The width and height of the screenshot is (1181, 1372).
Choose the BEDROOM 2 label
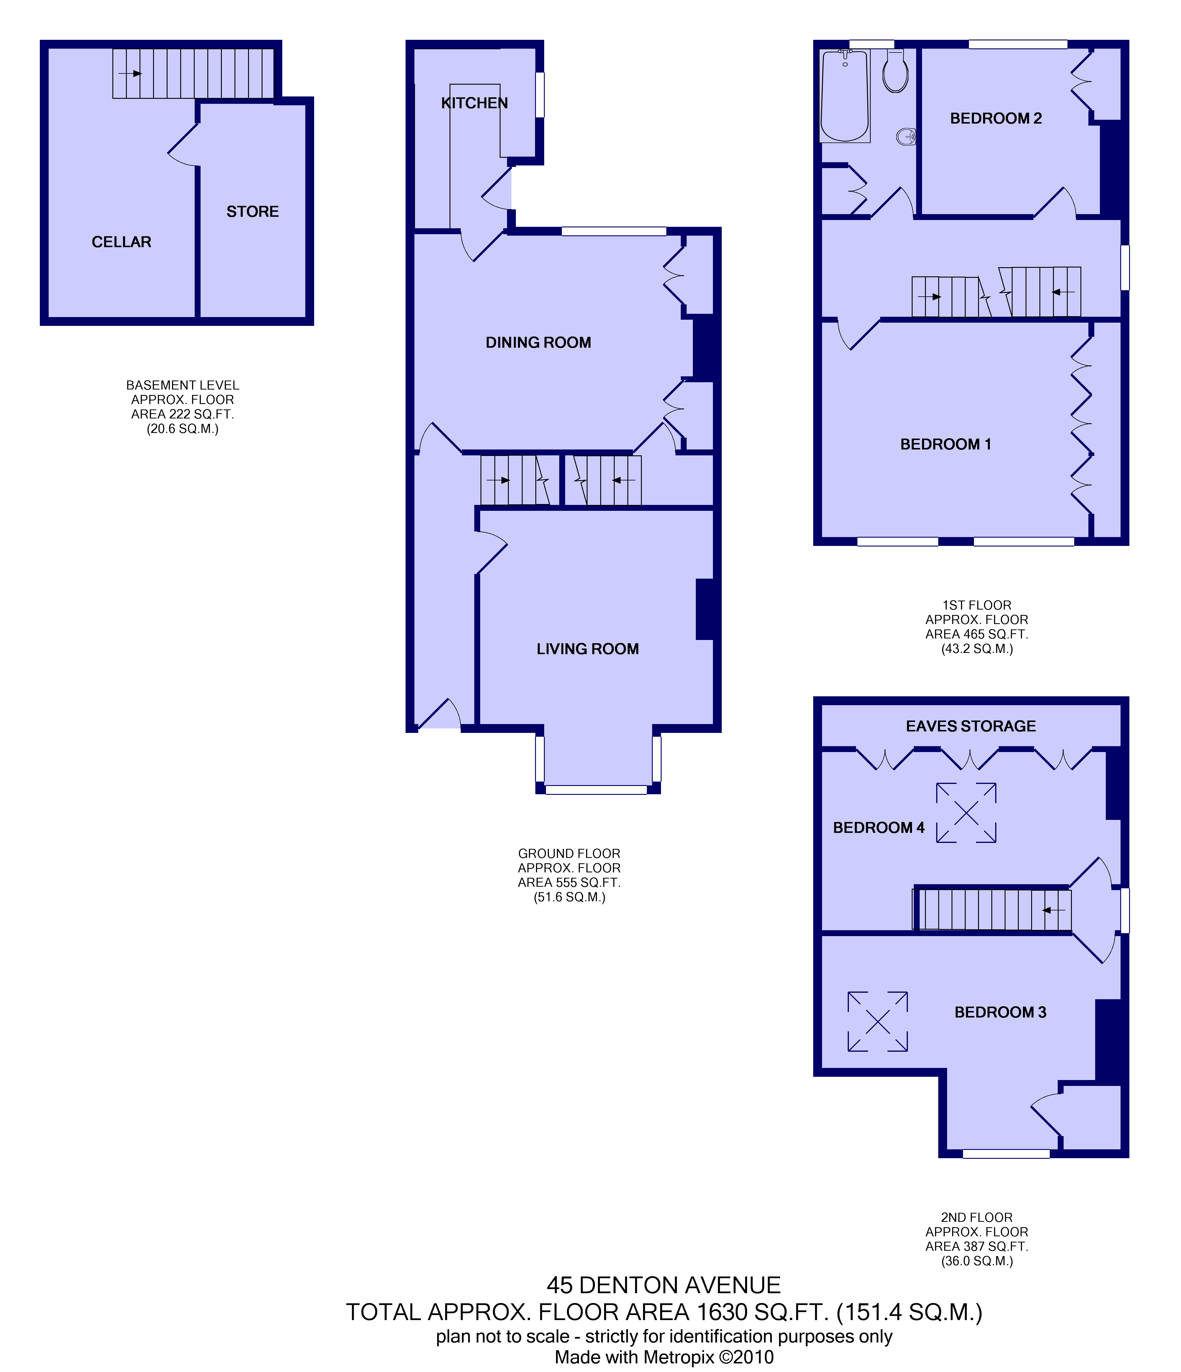[x=995, y=119]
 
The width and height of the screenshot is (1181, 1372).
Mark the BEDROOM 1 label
[x=945, y=444]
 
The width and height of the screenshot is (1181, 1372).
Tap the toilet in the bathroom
[x=895, y=71]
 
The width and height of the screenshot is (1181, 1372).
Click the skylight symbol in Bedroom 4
[x=966, y=813]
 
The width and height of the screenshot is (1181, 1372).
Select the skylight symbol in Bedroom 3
[x=877, y=1022]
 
